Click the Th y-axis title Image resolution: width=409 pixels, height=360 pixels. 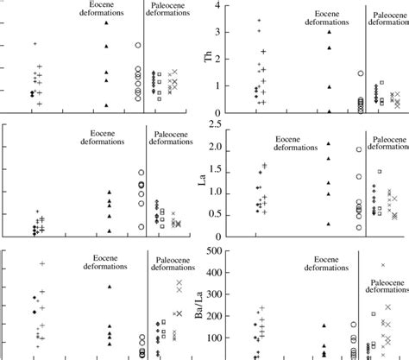pyautogui.click(x=207, y=58)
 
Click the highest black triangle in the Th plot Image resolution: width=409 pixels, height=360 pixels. pyautogui.click(x=330, y=33)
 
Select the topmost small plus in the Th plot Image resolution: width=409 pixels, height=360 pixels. pyautogui.click(x=259, y=21)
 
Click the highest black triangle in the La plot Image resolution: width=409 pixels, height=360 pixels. pyautogui.click(x=329, y=143)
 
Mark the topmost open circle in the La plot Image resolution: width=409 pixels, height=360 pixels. pyautogui.click(x=360, y=149)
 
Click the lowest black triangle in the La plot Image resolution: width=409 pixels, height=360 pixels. pyautogui.click(x=329, y=224)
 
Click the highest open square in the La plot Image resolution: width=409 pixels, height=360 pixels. pyautogui.click(x=379, y=172)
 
